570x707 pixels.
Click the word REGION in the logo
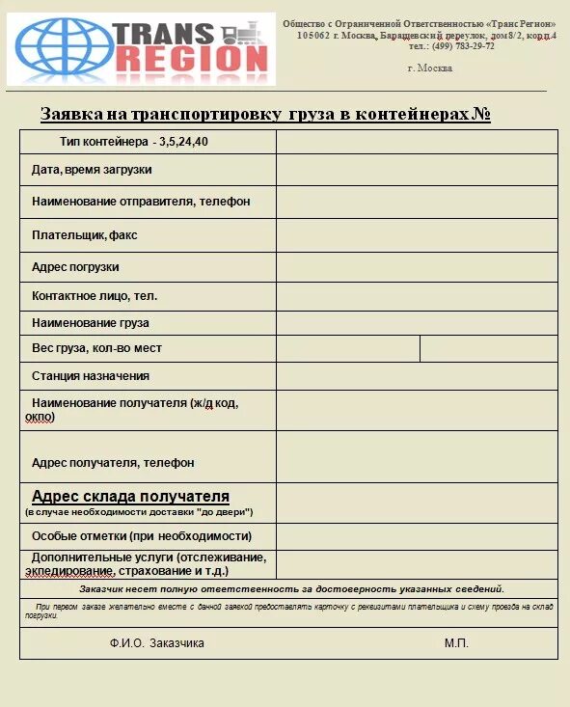coord(191,59)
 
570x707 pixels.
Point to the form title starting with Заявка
coord(265,115)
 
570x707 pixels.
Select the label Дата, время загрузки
coord(92,170)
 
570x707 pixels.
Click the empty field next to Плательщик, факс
coord(417,234)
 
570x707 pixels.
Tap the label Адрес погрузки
coord(75,267)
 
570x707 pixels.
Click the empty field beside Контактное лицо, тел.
coord(417,296)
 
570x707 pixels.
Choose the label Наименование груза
coord(91,323)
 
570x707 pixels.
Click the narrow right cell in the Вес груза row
coord(488,348)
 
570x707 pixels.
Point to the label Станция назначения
coord(91,376)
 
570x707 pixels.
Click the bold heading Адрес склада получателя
coord(130,497)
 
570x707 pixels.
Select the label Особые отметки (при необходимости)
coord(142,536)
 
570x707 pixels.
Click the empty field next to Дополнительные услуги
coord(417,564)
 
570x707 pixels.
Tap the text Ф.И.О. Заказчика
coord(156,642)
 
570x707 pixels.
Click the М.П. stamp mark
coord(456,642)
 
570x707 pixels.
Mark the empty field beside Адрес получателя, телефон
coord(417,456)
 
